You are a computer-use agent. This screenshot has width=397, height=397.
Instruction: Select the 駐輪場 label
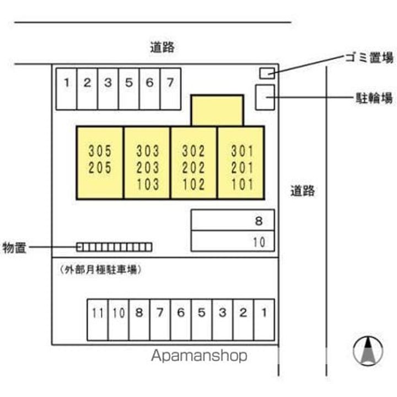click(x=373, y=98)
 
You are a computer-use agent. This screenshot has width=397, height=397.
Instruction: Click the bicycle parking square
click(x=264, y=98)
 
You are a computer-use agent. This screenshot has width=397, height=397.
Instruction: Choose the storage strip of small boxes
click(x=114, y=246)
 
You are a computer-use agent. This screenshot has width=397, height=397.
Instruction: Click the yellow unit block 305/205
click(x=100, y=162)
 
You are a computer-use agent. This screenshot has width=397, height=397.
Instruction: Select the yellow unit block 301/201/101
click(x=241, y=162)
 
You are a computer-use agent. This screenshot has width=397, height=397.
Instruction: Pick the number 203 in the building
click(x=147, y=167)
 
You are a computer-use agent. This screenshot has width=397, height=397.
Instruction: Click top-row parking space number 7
click(x=170, y=88)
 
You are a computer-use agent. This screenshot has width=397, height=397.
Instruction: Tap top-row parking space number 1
click(x=67, y=88)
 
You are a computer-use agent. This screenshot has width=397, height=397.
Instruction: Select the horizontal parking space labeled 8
click(x=232, y=221)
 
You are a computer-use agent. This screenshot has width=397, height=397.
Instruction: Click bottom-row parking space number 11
click(x=98, y=319)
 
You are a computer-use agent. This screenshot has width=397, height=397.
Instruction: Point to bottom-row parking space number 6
click(x=180, y=319)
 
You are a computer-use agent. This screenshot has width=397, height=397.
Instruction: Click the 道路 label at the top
click(x=162, y=47)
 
